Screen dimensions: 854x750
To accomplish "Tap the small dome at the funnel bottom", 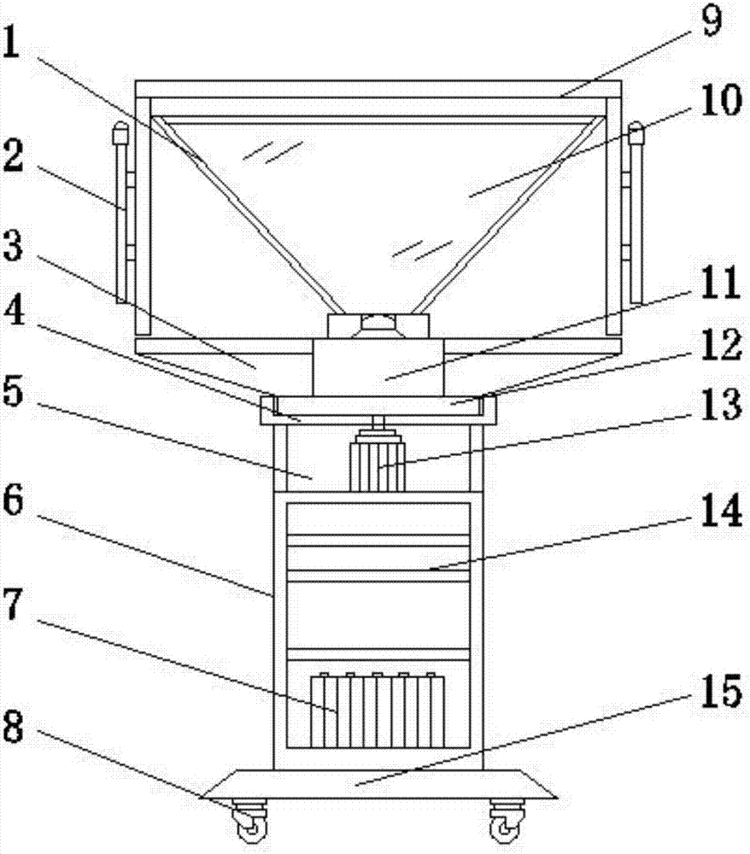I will point(378,321).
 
